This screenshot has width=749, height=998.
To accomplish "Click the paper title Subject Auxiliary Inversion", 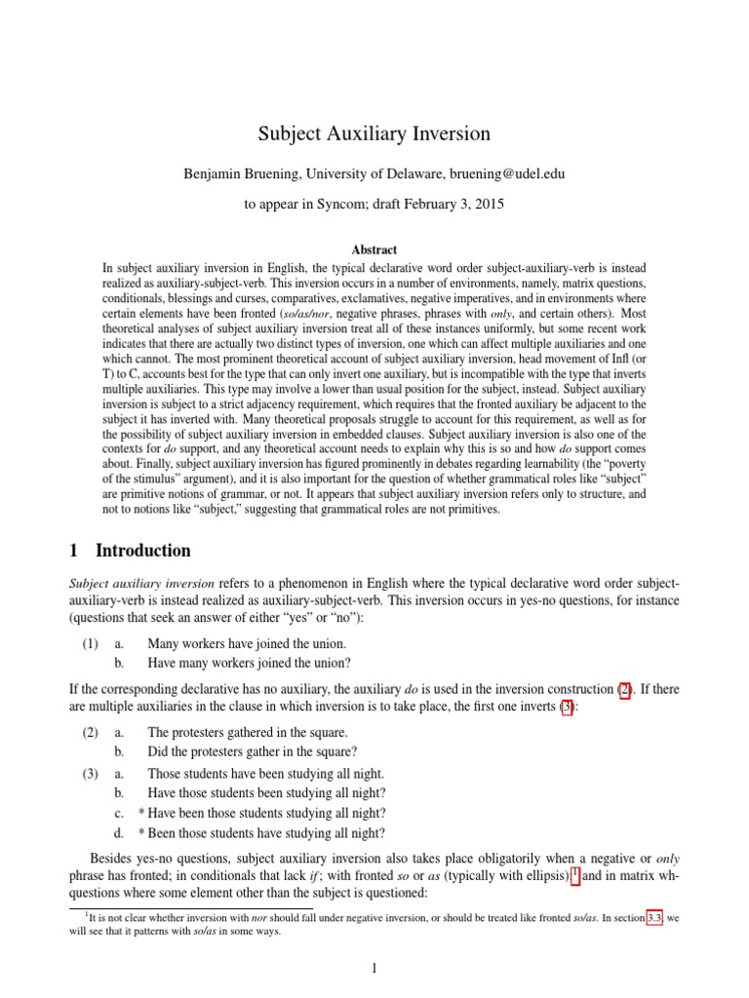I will [374, 134].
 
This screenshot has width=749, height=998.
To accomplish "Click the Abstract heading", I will [374, 250].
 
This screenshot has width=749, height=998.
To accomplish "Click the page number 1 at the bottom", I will [374, 968].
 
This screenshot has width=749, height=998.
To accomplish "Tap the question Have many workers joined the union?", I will [250, 663].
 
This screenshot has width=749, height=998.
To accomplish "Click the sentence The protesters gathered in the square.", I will [247, 732].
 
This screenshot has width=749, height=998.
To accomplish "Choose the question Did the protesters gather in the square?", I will [252, 751].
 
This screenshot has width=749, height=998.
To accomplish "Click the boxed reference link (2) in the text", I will [625, 690].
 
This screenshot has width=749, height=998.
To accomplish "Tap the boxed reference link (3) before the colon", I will [567, 708].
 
